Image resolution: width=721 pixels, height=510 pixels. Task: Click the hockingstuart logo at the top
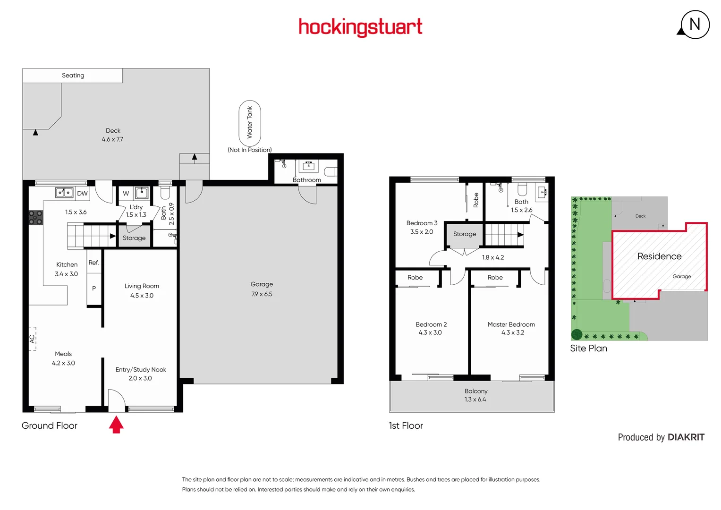click(360, 27)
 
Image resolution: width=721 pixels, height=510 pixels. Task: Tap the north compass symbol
click(695, 25)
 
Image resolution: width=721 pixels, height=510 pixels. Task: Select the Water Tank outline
click(250, 122)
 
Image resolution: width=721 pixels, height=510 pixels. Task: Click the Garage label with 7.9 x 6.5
click(262, 289)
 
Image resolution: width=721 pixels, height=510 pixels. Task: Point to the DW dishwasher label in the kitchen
click(82, 193)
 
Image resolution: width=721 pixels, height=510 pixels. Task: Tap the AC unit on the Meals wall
click(32, 339)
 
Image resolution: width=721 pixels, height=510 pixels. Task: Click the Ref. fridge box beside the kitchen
click(93, 263)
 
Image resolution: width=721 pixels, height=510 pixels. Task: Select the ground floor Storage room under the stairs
click(134, 238)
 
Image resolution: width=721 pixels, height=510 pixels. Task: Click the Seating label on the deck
click(73, 76)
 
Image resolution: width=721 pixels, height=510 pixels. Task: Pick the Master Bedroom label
click(511, 324)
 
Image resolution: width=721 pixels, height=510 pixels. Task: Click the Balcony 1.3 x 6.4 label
click(475, 395)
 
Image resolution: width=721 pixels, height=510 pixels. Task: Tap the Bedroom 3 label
click(422, 223)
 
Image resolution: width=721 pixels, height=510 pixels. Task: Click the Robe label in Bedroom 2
click(415, 278)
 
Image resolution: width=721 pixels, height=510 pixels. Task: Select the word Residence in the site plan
click(659, 256)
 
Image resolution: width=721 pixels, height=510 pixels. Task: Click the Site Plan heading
click(588, 348)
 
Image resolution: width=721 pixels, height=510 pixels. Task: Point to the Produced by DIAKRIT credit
click(661, 437)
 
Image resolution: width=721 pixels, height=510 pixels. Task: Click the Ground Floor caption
click(50, 425)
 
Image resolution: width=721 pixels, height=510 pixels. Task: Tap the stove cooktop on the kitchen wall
click(35, 217)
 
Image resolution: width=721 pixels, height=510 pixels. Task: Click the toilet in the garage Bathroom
click(331, 171)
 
